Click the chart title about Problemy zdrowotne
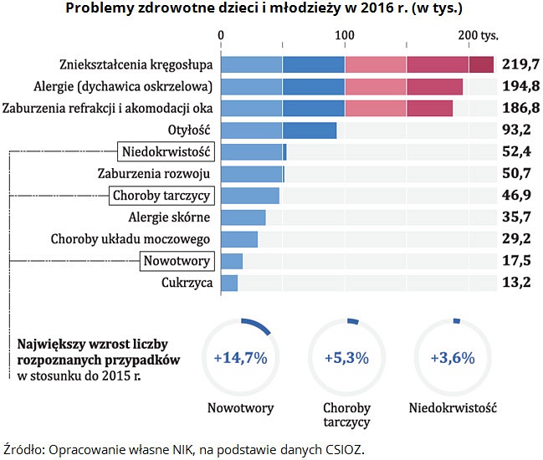tap(272, 9)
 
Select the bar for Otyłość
tap(279, 130)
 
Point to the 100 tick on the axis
tap(344, 35)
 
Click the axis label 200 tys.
tap(478, 35)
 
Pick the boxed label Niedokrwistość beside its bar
tap(166, 151)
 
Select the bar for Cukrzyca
tap(229, 283)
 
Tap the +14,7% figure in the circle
tap(240, 358)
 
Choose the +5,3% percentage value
tap(346, 358)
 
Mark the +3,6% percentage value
tap(452, 358)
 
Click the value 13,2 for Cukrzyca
tap(515, 283)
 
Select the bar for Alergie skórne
tap(243, 217)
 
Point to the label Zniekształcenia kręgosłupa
tap(136, 64)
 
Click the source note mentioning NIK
tap(185, 448)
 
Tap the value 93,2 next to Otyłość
tap(515, 130)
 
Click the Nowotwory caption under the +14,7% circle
tap(240, 408)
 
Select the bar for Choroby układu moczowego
tap(239, 239)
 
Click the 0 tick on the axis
tap(221, 35)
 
